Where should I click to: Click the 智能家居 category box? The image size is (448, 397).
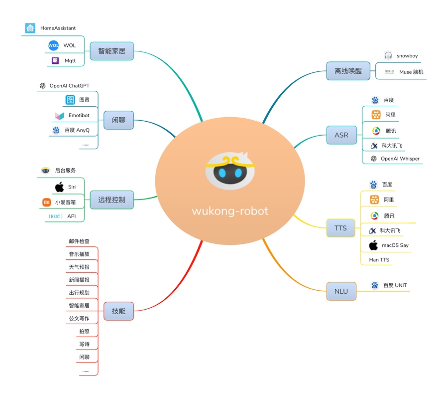(x=112, y=51)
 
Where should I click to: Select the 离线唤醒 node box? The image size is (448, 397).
(x=348, y=71)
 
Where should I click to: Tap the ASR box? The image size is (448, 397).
(x=341, y=135)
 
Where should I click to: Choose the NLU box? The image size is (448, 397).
(x=341, y=291)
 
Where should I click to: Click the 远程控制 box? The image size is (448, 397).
(x=112, y=200)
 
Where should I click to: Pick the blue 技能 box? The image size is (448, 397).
(x=118, y=311)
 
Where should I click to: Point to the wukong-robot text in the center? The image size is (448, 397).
(x=230, y=211)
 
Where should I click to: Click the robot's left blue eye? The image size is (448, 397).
(x=222, y=173)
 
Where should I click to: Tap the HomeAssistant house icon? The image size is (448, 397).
(x=30, y=28)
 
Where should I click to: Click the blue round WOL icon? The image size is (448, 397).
(x=53, y=45)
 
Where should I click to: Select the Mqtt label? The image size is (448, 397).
(x=70, y=61)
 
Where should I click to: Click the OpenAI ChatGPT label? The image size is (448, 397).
(x=69, y=86)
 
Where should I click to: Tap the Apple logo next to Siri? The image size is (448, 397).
(x=59, y=187)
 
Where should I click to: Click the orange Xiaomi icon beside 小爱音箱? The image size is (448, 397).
(x=46, y=202)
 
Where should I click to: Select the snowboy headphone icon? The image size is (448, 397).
(x=388, y=56)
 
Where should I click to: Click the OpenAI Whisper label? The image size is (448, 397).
(x=400, y=159)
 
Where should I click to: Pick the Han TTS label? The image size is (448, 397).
(x=379, y=260)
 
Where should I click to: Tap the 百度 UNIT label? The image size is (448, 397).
(x=395, y=285)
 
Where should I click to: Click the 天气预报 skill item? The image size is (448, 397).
(x=79, y=267)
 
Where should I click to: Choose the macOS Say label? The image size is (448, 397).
(x=395, y=245)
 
